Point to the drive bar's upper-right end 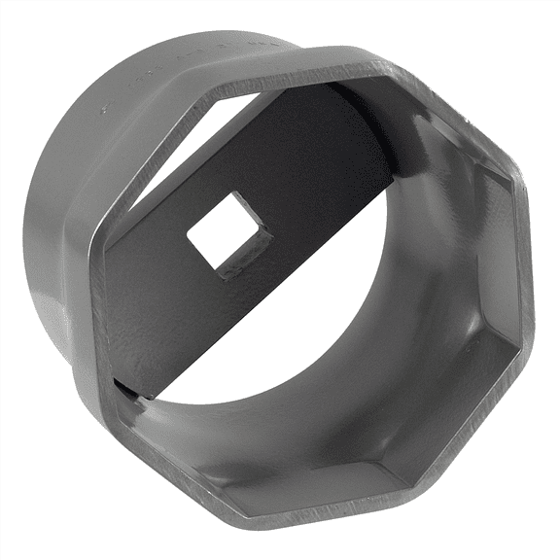click(374, 126)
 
